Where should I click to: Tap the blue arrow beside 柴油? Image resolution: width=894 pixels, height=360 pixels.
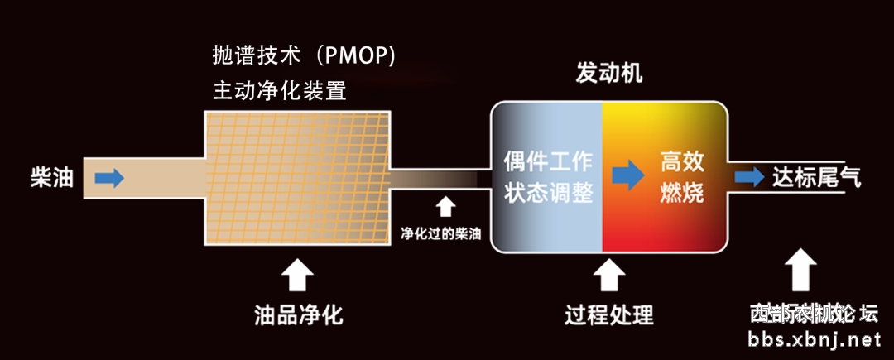coord(109,178)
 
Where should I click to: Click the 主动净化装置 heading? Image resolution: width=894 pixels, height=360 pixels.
coord(279,89)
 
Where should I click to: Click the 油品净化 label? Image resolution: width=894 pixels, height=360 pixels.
coord(298,315)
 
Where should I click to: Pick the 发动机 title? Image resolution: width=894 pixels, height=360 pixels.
coord(609,74)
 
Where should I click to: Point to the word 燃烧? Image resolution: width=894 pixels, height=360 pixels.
coord(682,194)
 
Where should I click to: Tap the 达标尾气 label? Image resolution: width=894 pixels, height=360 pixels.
coord(815,176)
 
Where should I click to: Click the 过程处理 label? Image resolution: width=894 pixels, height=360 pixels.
coord(609,315)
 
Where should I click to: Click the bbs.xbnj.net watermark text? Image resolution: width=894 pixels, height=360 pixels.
coord(815,339)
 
